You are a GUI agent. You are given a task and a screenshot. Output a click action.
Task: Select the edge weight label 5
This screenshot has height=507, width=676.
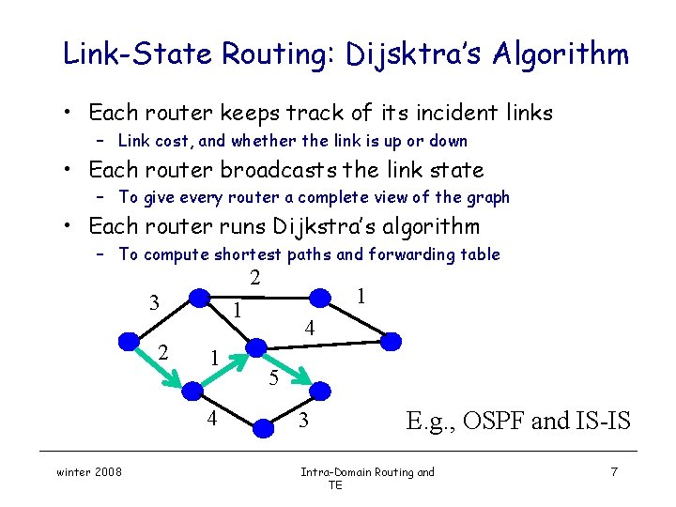272,378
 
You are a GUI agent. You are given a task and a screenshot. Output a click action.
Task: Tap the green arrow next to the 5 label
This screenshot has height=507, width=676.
287,369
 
